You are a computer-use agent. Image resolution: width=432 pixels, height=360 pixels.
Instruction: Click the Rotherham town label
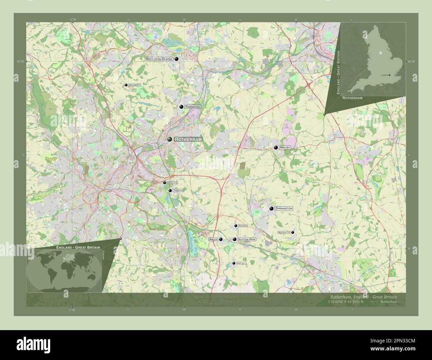tap(188, 139)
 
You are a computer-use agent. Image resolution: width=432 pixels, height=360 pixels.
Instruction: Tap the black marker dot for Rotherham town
tap(170, 139)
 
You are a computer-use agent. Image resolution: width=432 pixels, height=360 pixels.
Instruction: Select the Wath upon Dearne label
tap(159, 59)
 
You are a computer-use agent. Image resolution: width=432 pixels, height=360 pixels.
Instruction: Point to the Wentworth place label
tap(135, 85)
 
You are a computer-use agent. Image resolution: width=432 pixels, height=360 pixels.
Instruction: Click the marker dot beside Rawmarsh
tap(181, 107)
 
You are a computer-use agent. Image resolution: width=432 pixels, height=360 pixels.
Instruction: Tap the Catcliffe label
tap(172, 183)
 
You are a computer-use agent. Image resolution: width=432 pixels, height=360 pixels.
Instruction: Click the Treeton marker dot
tap(170, 191)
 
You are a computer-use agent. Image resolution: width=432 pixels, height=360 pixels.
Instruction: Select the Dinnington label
tap(284, 209)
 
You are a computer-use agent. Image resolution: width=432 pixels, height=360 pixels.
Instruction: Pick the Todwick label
tap(243, 226)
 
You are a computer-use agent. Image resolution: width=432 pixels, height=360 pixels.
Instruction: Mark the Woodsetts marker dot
tap(293, 232)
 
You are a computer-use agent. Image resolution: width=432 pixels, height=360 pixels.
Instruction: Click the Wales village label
tap(213, 239)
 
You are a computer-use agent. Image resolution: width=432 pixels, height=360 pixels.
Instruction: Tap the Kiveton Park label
tap(247, 239)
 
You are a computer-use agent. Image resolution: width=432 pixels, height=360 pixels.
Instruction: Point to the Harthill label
tap(241, 263)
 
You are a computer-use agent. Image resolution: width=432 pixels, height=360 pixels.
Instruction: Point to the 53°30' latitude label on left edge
tap(21, 61)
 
